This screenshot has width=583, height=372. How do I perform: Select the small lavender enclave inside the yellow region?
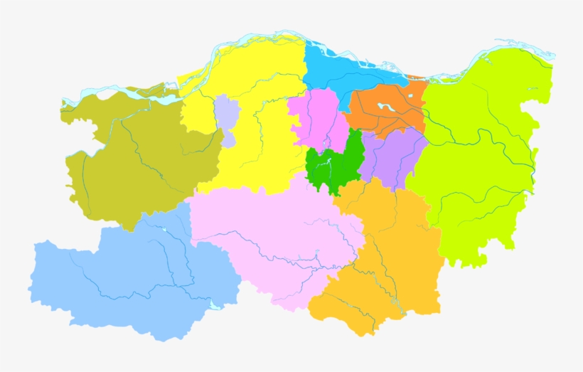pos(226,121)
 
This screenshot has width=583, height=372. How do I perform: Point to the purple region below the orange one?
pos(395,156)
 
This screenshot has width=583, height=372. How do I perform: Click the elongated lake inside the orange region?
pos(388,107)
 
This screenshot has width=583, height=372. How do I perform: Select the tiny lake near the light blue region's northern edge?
pos(164,230)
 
